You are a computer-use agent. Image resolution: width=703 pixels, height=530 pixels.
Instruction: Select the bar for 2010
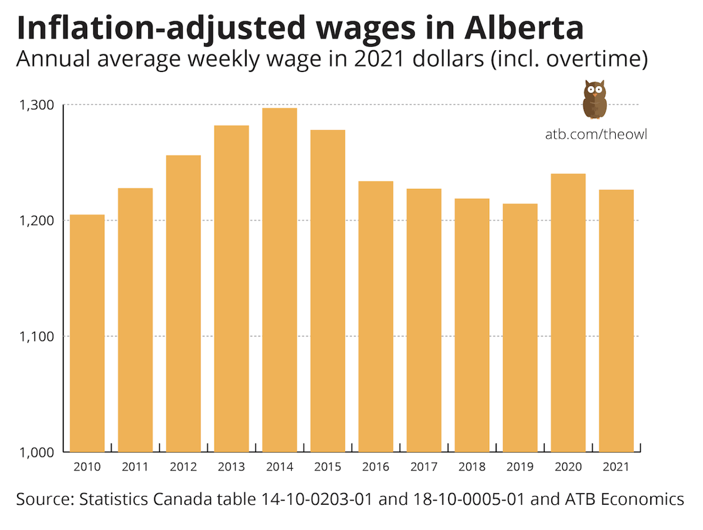coord(87,333)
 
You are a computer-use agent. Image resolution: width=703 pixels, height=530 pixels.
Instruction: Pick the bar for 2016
coord(376,316)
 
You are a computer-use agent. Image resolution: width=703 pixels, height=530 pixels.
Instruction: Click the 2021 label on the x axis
coord(616,467)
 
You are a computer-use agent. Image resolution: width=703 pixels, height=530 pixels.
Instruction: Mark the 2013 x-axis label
coord(232,467)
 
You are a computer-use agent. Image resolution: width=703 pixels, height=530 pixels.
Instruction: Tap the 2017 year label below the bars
coord(424,467)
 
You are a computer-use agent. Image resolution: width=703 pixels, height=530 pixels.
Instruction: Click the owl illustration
coord(594,98)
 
